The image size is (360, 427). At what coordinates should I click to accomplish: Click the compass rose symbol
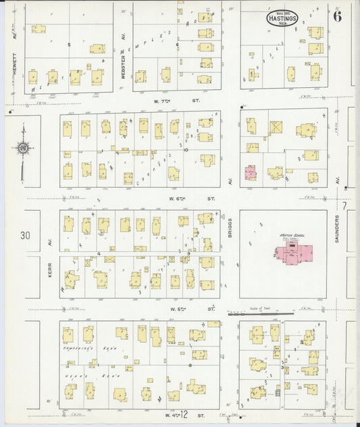pyautogui.click(x=23, y=148)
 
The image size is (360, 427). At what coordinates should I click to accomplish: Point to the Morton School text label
pyautogui.click(x=292, y=235)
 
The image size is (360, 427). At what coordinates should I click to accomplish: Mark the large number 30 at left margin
pyautogui.click(x=26, y=236)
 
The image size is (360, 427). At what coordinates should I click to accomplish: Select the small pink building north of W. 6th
pyautogui.click(x=250, y=173)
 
